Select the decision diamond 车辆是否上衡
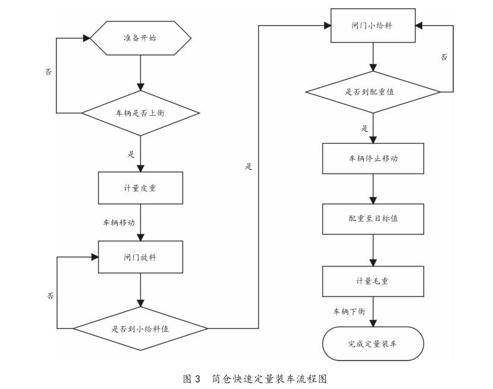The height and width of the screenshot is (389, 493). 140,112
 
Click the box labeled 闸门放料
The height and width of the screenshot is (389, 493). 140,258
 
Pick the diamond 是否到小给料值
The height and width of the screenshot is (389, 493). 140,328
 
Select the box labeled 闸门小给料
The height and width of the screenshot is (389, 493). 372,27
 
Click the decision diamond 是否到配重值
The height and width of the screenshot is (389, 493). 372,93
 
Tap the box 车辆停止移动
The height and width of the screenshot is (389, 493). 372,160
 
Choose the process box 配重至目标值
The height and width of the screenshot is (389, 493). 372,219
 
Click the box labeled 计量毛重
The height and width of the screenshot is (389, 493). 372,281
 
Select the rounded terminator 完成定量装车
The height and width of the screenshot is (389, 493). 372,343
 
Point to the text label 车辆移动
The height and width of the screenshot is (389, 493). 119,223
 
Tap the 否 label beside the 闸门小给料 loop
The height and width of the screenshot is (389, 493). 443,58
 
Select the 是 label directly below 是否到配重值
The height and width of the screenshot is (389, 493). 365,128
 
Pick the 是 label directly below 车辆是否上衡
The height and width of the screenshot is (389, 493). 131,154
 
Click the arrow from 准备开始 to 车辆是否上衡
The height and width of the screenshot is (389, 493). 140,75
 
